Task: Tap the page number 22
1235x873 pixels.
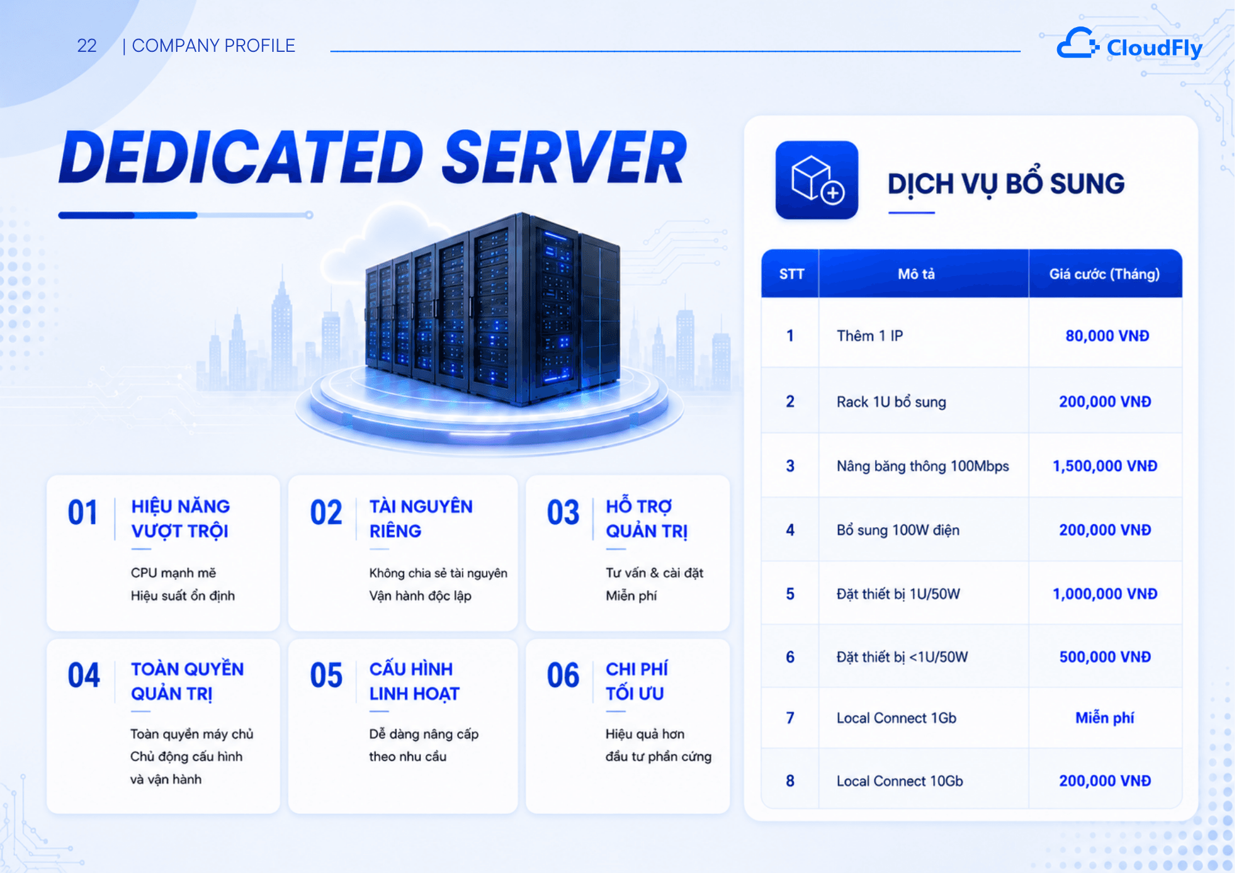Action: click(x=86, y=46)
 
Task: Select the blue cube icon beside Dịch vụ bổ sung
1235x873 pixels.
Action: click(x=817, y=180)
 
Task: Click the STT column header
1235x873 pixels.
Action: click(x=791, y=274)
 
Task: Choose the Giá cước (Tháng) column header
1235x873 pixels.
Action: click(x=1104, y=274)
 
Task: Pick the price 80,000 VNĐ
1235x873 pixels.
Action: click(x=1107, y=336)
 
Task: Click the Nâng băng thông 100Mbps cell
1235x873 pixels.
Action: click(x=923, y=466)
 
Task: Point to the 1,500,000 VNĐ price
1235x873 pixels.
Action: click(x=1105, y=466)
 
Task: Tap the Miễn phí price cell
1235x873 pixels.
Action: click(x=1105, y=717)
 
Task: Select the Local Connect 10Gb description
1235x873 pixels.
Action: click(x=900, y=781)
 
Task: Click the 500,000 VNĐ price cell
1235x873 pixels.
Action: click(x=1105, y=657)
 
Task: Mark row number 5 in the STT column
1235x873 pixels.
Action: click(x=790, y=594)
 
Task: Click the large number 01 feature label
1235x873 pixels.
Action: click(x=83, y=512)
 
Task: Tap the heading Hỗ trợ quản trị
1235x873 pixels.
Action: click(x=647, y=519)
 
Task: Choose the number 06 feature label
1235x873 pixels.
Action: click(x=563, y=675)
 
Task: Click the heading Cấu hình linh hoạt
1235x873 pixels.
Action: click(x=414, y=682)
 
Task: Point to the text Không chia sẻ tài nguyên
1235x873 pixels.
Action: click(x=438, y=573)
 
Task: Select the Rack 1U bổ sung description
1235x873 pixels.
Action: click(x=891, y=402)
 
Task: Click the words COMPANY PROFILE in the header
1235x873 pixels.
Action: click(x=214, y=46)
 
